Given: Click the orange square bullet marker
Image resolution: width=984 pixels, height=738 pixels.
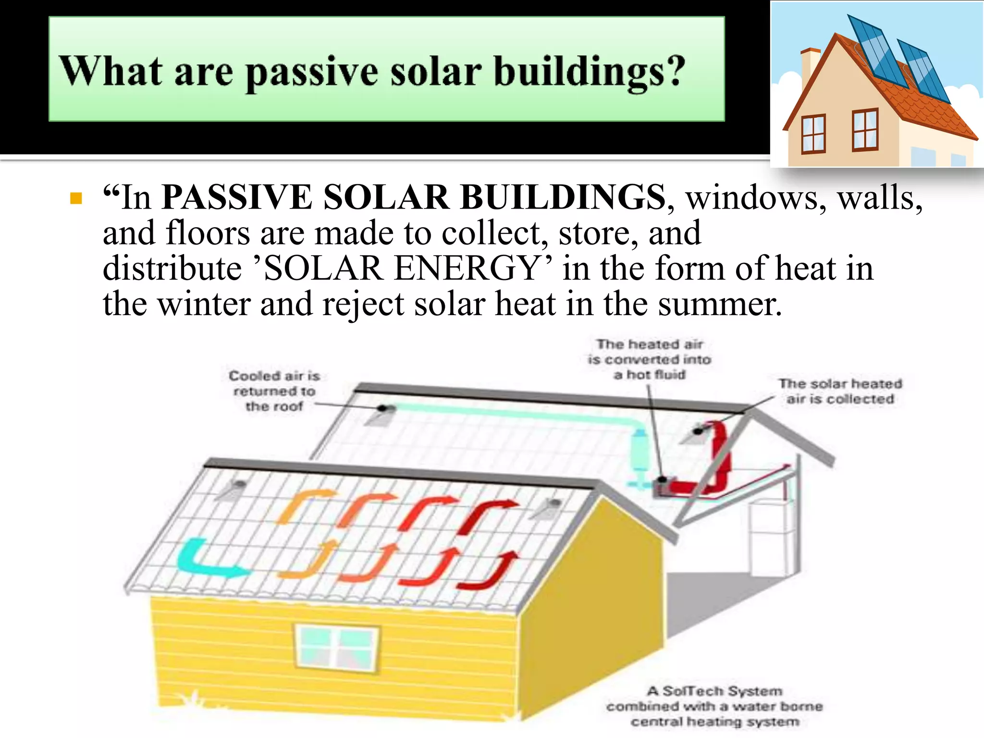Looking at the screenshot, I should point(76,198).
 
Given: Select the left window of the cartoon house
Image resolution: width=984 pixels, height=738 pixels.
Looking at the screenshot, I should point(813,134).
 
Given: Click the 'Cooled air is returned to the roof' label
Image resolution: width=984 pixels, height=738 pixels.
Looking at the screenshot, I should point(274,391).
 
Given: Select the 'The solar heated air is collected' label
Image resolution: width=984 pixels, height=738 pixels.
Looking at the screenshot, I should point(840,391).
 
